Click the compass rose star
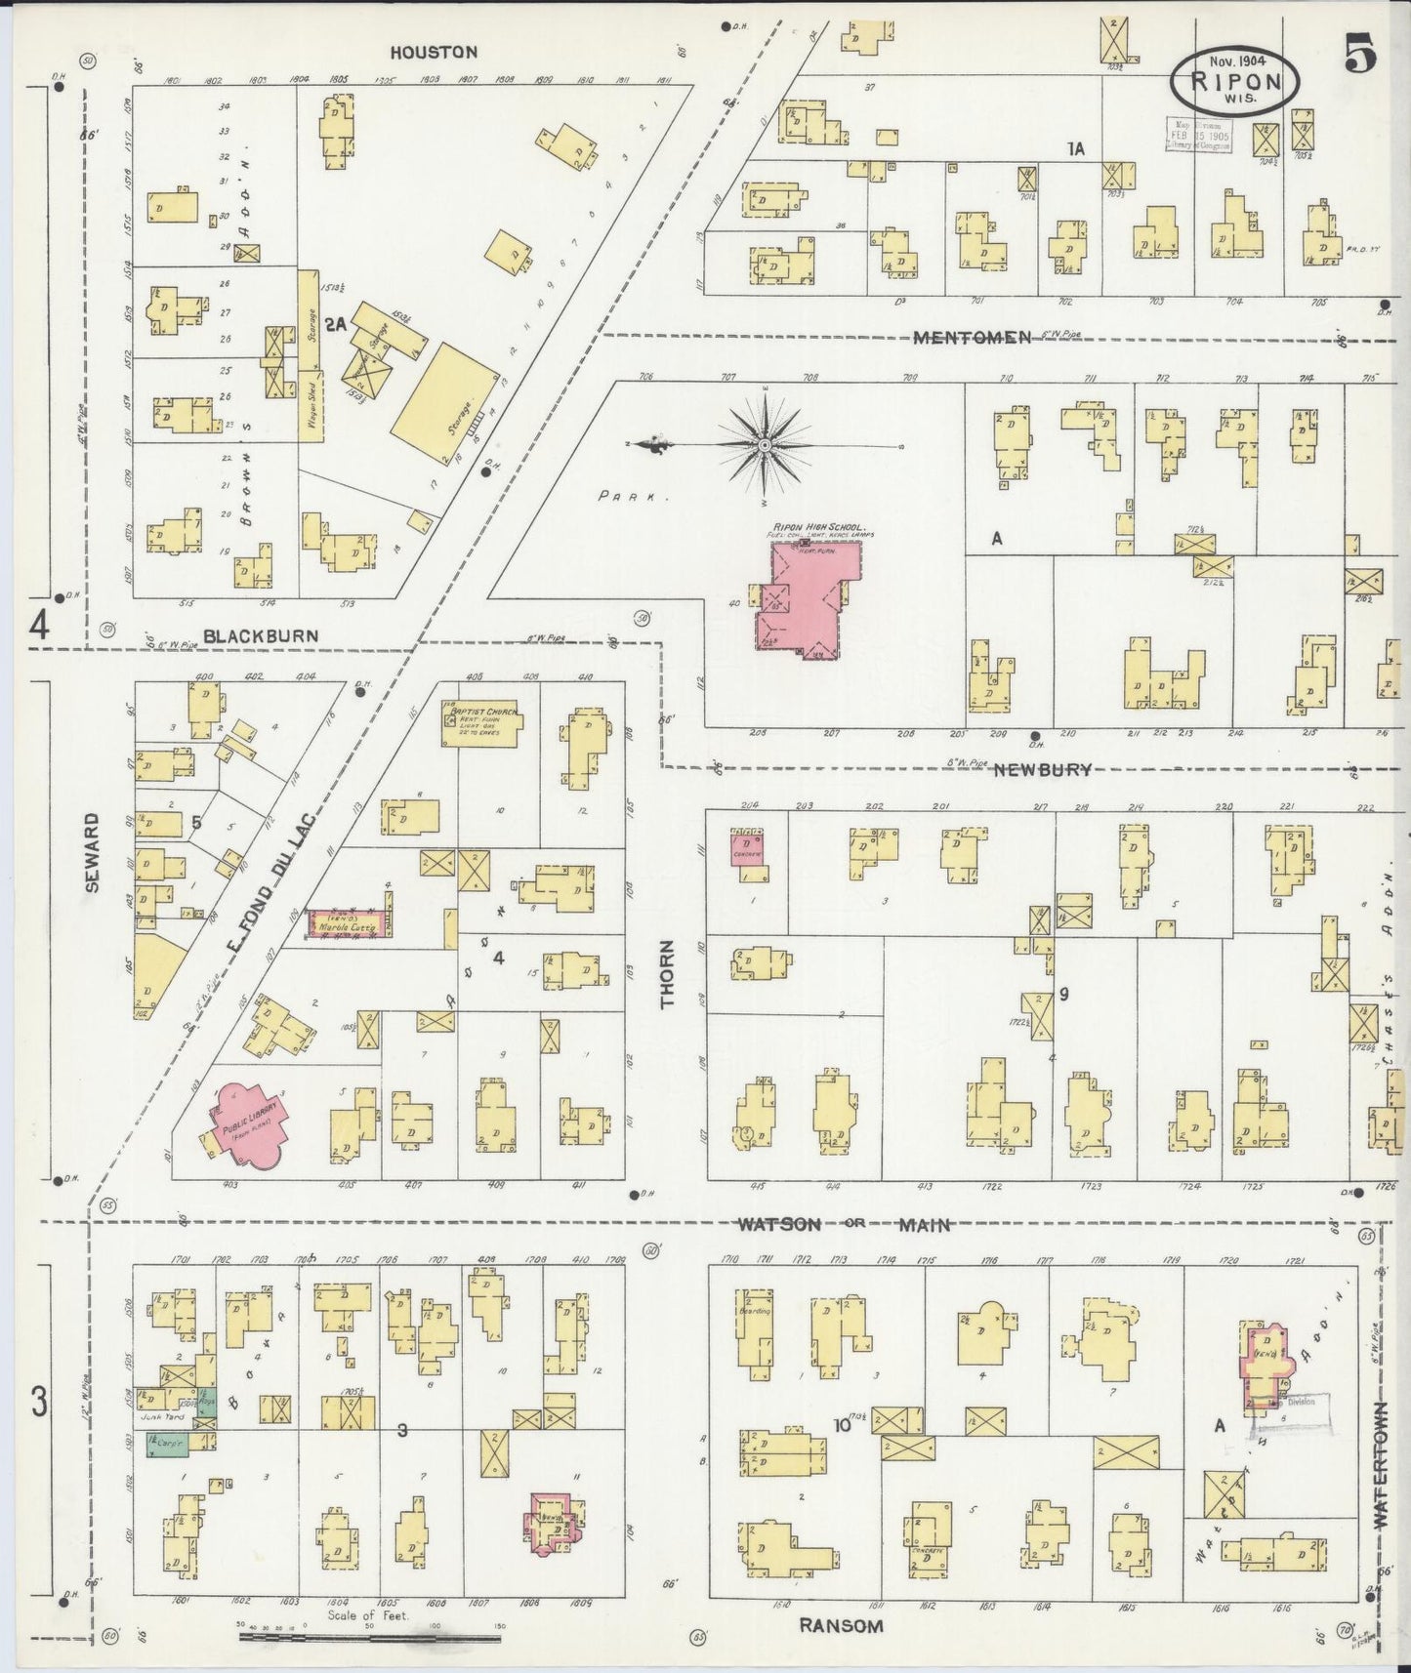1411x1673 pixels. pos(766,445)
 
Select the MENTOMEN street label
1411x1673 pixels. pos(973,338)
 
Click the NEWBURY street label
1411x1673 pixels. pos(1043,769)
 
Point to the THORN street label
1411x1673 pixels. pos(667,973)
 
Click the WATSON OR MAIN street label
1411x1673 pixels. pos(844,1224)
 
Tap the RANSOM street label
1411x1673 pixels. pos(841,1625)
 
